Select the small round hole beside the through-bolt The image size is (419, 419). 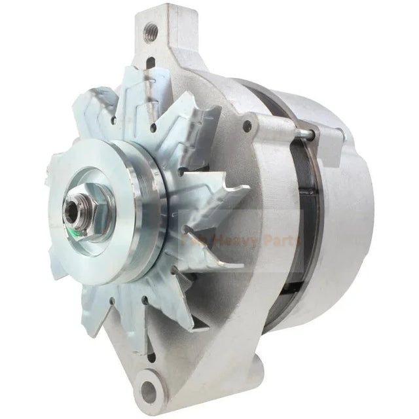point(247,126)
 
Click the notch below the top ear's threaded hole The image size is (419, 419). point(151,62)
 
